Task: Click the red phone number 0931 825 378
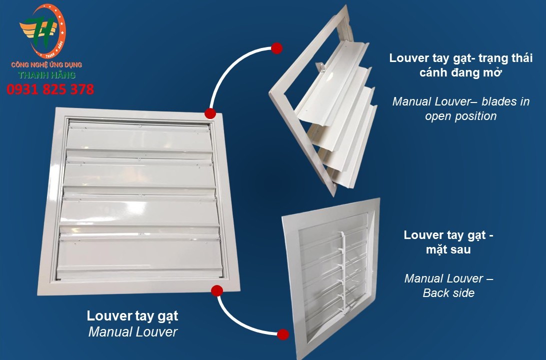click(x=50, y=89)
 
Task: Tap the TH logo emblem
click(x=42, y=30)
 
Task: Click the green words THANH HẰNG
click(x=46, y=75)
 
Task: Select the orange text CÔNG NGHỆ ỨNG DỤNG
click(x=46, y=65)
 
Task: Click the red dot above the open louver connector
click(x=276, y=48)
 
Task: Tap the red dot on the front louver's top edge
click(x=210, y=113)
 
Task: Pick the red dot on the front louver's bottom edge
click(x=217, y=290)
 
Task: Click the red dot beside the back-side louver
click(x=283, y=334)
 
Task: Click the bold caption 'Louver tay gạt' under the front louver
click(x=132, y=316)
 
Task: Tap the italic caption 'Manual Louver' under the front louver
click(x=133, y=332)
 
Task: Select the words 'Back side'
click(x=448, y=293)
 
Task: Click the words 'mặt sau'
click(x=448, y=249)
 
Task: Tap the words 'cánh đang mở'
click(x=460, y=72)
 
